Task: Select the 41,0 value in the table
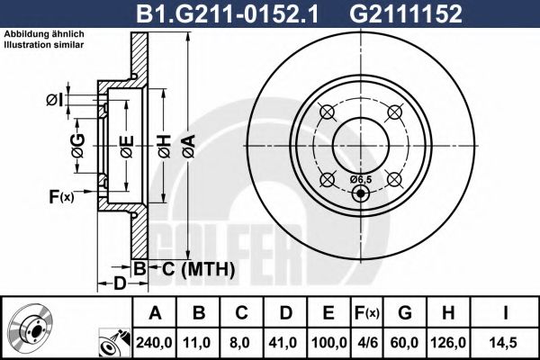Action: click(x=283, y=342)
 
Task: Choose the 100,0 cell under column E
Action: click(x=328, y=342)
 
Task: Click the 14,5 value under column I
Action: click(x=509, y=342)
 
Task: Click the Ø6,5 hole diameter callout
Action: click(x=360, y=179)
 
